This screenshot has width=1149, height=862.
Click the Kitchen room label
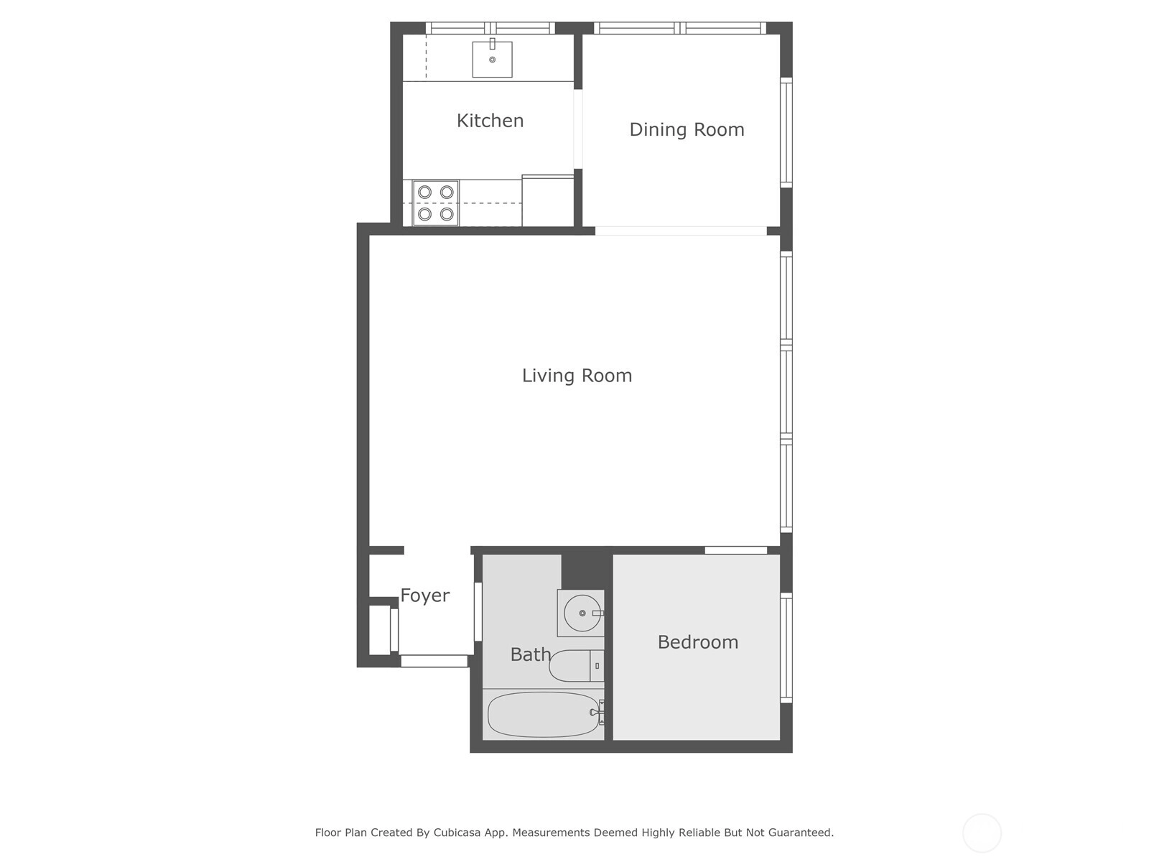490,121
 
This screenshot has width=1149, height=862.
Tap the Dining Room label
687,129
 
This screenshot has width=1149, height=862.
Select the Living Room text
577,375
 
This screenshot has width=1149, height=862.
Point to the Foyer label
424,595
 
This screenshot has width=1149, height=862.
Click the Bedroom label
698,641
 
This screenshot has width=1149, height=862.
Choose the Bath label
530,654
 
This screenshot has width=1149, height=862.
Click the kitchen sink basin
492,59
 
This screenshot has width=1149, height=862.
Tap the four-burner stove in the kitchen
435,203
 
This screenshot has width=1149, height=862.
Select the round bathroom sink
582,613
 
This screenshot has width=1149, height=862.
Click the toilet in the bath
577,666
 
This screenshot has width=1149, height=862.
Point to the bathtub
544,715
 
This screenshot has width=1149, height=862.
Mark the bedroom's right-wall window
786,647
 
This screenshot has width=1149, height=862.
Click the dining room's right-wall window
786,132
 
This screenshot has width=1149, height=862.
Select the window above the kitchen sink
490,28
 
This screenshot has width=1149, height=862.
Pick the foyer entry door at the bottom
434,661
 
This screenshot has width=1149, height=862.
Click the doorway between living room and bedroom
735,550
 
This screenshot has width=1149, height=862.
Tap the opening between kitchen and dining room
578,129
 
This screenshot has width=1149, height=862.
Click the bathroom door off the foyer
478,612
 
